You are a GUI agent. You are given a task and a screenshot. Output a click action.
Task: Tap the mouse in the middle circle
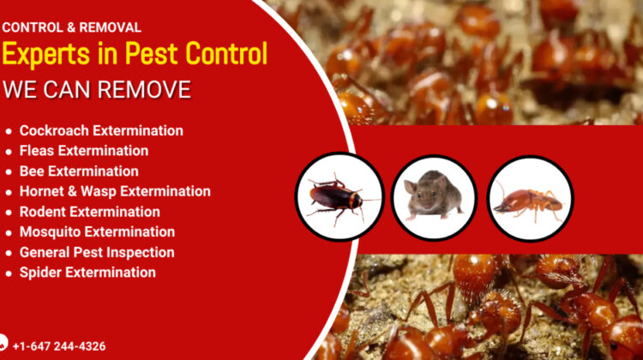(433, 195)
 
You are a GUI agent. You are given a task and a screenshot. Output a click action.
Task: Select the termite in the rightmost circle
(528, 202)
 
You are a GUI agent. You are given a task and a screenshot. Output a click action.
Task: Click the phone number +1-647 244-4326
(59, 346)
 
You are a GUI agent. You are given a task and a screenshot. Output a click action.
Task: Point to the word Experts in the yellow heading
(46, 54)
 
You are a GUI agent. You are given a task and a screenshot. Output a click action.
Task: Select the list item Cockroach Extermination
(101, 131)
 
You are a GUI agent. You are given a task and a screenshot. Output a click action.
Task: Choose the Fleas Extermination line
(84, 151)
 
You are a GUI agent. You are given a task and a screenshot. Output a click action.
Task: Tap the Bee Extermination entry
(79, 171)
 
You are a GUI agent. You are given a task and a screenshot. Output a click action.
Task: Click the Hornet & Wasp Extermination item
(115, 191)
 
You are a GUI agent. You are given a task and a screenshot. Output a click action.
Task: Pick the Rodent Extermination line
(90, 212)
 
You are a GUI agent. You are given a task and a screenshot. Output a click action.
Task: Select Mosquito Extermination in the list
(97, 232)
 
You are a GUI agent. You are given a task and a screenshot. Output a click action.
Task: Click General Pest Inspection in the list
(97, 253)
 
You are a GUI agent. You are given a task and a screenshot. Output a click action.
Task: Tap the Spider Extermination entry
(87, 273)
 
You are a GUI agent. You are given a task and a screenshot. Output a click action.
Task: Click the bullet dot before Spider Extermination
(9, 273)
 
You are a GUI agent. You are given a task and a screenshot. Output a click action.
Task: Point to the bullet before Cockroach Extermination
(9, 132)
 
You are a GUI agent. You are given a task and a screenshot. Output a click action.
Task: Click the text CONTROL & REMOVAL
(72, 27)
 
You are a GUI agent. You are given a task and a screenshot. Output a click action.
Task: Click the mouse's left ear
(410, 187)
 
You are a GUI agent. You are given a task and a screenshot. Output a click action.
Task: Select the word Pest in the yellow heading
(152, 54)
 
